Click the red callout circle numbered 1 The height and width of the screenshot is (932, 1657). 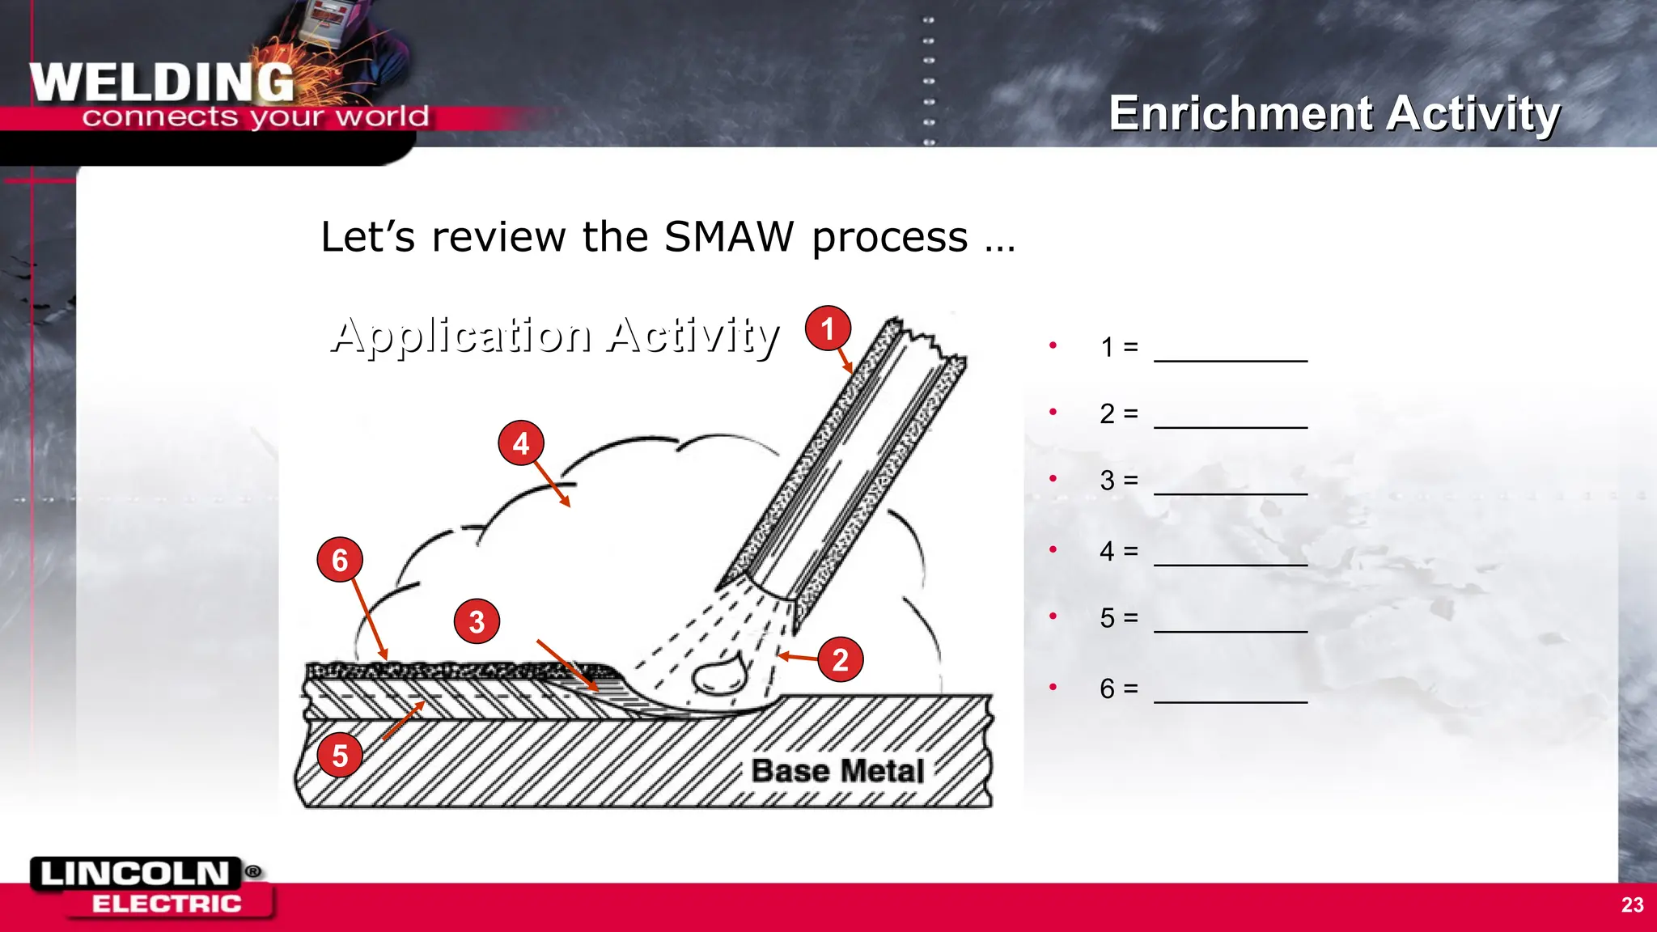tap(827, 328)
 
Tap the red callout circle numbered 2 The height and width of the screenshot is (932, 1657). tap(840, 659)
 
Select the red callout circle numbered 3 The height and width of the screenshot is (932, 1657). tap(477, 621)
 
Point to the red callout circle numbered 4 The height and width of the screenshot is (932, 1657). tap(521, 443)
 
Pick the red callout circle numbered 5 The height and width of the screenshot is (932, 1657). tap(340, 755)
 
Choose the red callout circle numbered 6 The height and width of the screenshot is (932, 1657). tap(340, 559)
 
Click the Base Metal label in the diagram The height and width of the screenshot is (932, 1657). tap(837, 770)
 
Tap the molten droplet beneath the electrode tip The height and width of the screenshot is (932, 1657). tap(717, 676)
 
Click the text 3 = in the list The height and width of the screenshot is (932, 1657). tap(1119, 481)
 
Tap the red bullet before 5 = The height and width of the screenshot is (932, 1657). tap(1053, 616)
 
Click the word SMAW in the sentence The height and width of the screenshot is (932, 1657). tap(729, 237)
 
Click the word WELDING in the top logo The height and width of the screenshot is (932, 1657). tap(162, 83)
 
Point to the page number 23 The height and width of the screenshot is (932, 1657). tap(1632, 904)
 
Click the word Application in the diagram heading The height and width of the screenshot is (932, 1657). tap(461, 335)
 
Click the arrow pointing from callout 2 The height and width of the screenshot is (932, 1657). tap(798, 658)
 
